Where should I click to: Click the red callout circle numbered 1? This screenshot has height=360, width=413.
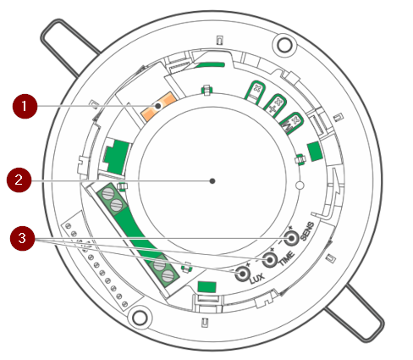[25, 106]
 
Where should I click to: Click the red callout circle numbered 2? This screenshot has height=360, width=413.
[19, 180]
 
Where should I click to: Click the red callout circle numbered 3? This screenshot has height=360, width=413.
[22, 238]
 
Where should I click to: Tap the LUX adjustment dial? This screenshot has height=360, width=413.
[242, 274]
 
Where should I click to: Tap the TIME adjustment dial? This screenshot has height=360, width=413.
[270, 259]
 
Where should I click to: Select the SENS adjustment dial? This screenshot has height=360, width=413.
[291, 239]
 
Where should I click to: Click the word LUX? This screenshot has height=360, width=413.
[257, 279]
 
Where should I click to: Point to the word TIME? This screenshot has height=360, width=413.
[287, 258]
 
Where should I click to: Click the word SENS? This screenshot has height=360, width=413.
[307, 231]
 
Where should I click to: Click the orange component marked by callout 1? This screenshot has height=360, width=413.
[158, 106]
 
